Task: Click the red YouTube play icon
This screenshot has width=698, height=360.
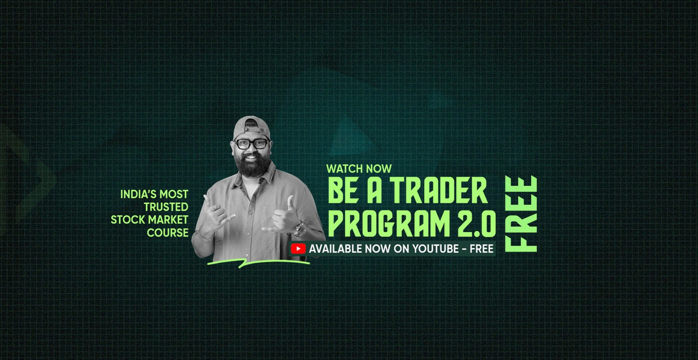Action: [298, 249]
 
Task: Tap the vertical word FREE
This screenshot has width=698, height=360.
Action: [521, 214]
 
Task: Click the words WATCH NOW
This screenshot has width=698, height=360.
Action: [359, 169]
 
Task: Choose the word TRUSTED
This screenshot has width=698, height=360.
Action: [166, 207]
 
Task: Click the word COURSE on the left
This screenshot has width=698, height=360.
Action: [168, 233]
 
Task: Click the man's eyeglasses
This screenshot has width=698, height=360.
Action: [251, 144]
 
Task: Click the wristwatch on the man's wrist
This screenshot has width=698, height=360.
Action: [300, 230]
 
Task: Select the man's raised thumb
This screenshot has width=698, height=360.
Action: [290, 203]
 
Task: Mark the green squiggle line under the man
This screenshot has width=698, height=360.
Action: [258, 263]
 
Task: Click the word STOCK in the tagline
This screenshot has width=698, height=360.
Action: [125, 220]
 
